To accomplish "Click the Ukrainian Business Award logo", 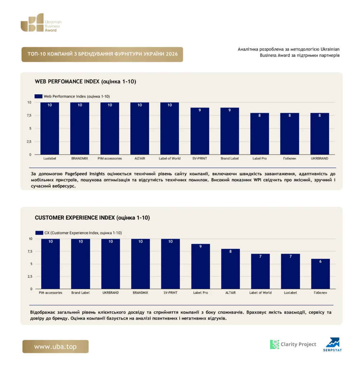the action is coord(41,23).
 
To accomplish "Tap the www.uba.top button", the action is coord(56,347).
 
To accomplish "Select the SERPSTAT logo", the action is coord(333,344).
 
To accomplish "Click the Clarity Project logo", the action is coord(293,344).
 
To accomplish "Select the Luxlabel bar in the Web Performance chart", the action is coord(49,129).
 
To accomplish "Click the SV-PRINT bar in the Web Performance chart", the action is coord(200,131).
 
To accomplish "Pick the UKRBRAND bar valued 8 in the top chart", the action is coord(320,134).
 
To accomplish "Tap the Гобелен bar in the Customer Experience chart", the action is coord(321,274).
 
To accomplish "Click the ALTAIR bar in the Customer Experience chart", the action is coord(231,269).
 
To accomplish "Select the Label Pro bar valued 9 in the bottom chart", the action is coord(200,266).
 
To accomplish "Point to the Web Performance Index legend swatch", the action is coord(38,96).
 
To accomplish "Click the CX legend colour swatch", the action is coord(39,233).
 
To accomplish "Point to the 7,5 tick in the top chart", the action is coord(29,115).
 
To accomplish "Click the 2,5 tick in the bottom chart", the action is coord(30,276).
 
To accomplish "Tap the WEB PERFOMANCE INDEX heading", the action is coord(85,81).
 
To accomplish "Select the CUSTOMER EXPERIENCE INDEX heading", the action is coord(92,218).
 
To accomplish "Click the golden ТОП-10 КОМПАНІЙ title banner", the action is coord(102,54).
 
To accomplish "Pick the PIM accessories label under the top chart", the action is coord(110,158).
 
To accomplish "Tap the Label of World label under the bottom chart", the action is coord(260,292).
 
